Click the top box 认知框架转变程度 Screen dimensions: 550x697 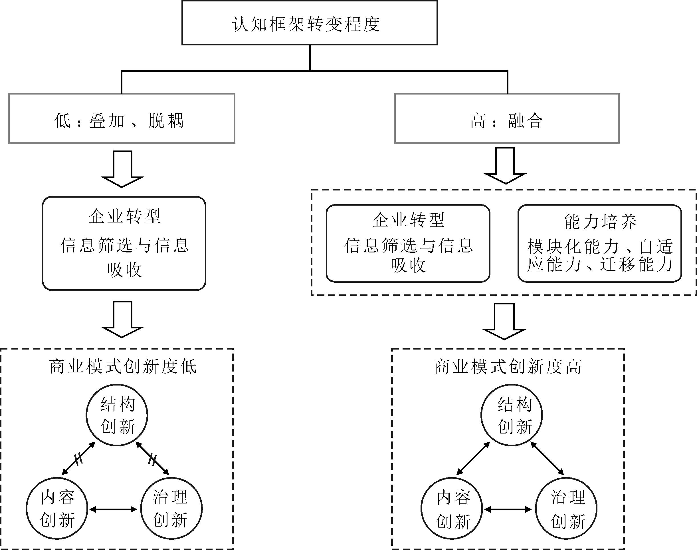310,23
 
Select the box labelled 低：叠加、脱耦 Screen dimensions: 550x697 122,119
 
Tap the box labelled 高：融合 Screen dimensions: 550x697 507,119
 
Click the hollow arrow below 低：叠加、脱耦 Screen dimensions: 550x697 122,169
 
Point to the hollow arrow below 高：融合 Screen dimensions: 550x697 505,166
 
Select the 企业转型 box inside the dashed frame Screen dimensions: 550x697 408,243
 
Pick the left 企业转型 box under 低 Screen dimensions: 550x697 124,243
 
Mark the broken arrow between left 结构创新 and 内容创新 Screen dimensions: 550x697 78,459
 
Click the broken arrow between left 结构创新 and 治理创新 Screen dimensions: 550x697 152,459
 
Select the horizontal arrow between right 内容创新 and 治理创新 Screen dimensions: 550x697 508,509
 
